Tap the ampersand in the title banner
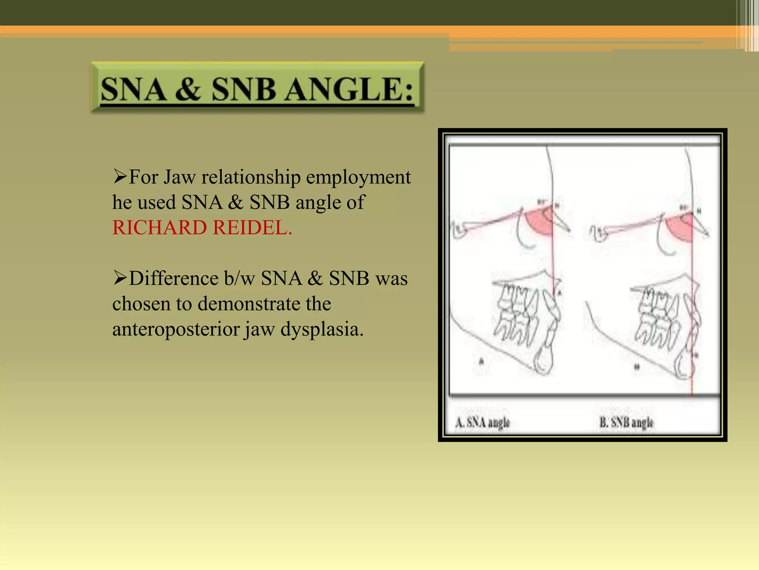(188, 90)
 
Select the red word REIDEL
(253, 227)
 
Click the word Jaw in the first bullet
(179, 177)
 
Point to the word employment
(358, 177)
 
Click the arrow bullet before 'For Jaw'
(120, 177)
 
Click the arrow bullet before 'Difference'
(120, 278)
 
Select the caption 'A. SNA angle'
(483, 423)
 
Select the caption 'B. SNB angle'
(626, 423)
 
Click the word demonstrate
(264, 304)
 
